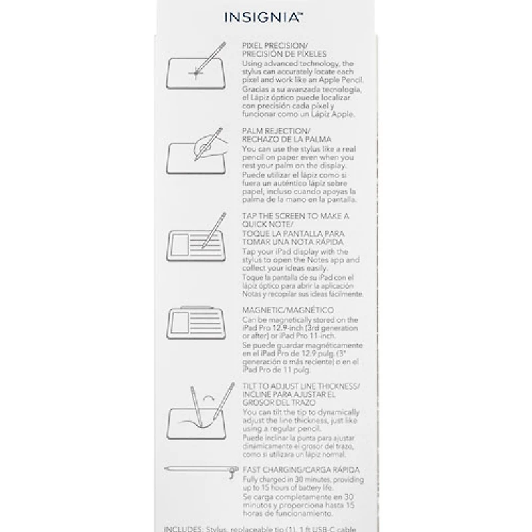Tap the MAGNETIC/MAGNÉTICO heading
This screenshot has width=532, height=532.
288,311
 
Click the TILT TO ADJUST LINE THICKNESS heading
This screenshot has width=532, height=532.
301,386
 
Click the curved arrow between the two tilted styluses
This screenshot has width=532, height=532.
211,398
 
